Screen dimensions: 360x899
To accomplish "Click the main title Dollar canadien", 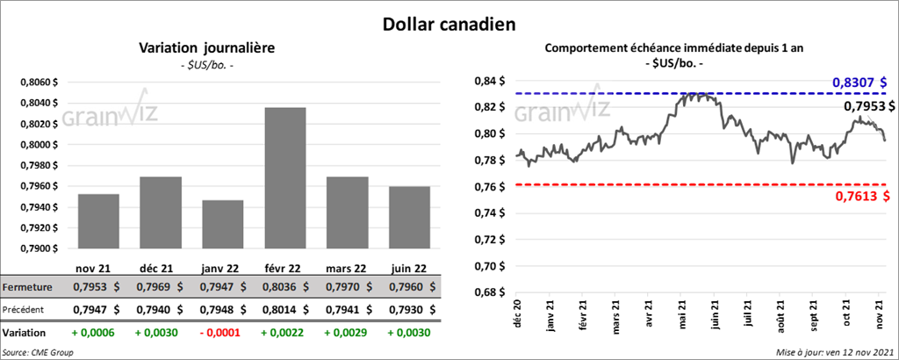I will [449, 21].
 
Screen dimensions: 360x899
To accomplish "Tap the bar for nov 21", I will [97, 222].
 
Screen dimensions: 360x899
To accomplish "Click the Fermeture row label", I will [28, 287].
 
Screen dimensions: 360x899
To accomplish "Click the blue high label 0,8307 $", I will [860, 82].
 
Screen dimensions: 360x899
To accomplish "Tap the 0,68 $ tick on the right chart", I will [488, 292].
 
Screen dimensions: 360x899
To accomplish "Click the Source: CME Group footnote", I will [38, 352].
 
